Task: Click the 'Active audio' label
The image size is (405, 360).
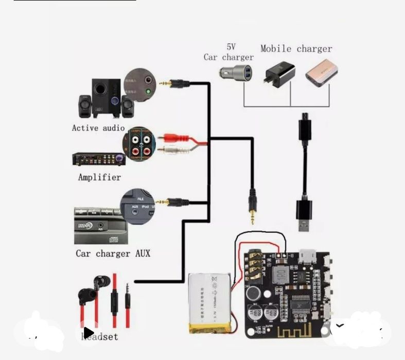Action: click(x=98, y=128)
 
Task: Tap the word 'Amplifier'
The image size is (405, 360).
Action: click(x=99, y=177)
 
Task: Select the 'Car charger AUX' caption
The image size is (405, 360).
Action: click(x=113, y=253)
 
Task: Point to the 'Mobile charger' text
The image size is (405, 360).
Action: click(x=296, y=49)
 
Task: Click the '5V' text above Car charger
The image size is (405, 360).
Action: click(x=231, y=47)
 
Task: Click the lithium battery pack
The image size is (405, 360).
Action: click(x=212, y=303)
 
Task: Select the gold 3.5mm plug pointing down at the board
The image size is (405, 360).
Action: click(x=252, y=208)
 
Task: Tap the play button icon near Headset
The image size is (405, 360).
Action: click(x=89, y=332)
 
